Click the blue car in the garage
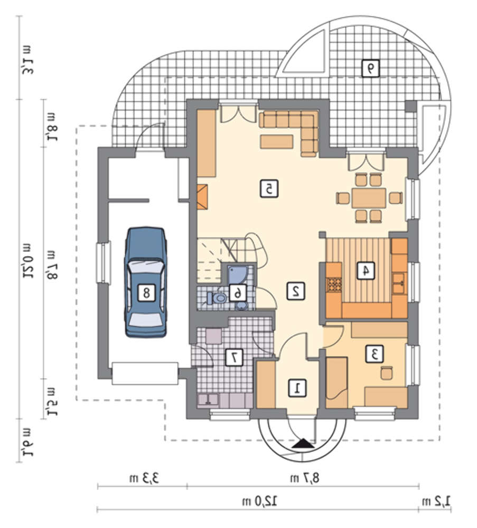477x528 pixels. click(x=145, y=282)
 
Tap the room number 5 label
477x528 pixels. click(x=269, y=188)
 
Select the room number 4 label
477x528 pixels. click(x=366, y=270)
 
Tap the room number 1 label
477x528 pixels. click(x=297, y=388)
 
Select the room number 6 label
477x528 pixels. click(x=238, y=293)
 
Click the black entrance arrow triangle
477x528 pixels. click(x=304, y=444)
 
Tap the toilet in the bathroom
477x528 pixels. click(x=217, y=298)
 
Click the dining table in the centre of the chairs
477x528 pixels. click(x=369, y=197)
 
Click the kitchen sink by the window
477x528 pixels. click(x=399, y=283)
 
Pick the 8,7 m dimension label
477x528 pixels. click(x=304, y=478)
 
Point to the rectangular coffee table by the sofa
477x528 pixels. click(x=277, y=142)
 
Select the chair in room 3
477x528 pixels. click(x=387, y=372)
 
